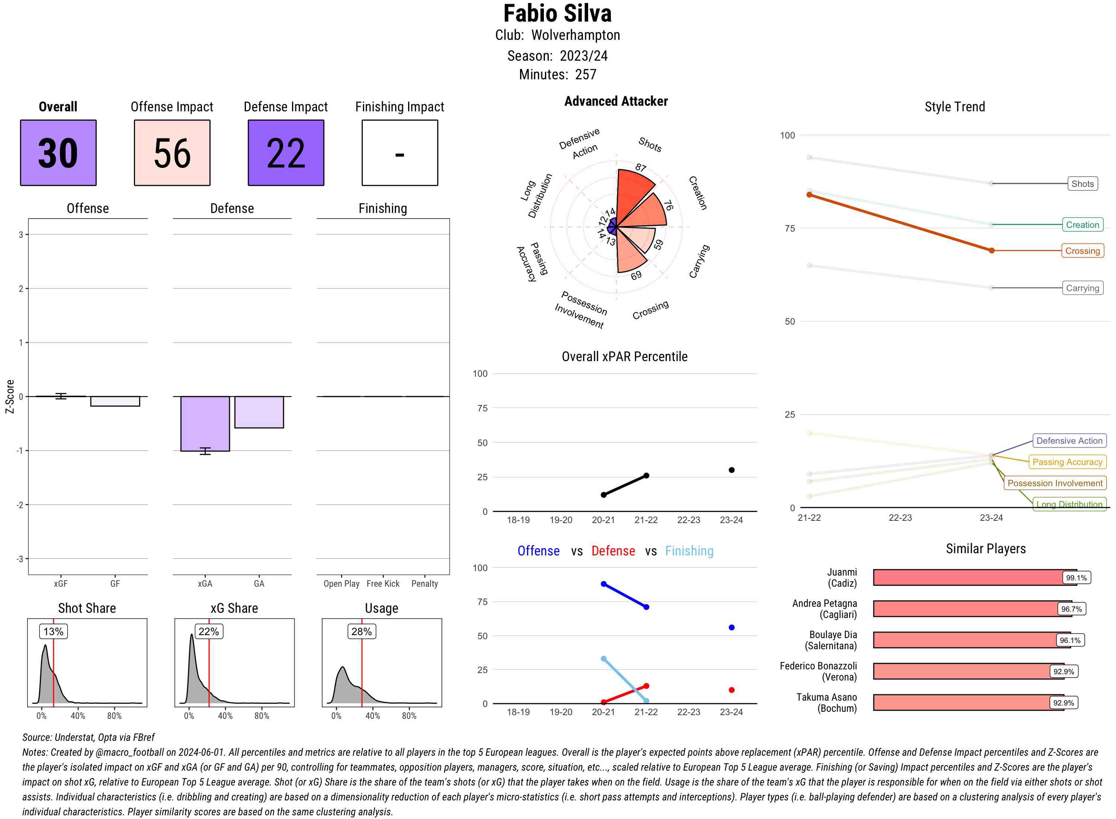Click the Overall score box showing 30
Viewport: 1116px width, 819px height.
[x=58, y=153]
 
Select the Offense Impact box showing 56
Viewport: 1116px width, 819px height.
[x=172, y=153]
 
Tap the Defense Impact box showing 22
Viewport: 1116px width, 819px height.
[x=286, y=153]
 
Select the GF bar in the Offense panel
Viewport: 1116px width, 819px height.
[x=115, y=401]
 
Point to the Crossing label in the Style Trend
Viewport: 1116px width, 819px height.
[x=1082, y=251]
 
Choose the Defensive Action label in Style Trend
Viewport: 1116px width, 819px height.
[x=1069, y=441]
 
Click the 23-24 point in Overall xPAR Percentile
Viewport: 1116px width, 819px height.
[x=732, y=470]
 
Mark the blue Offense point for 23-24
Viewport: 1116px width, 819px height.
[x=732, y=628]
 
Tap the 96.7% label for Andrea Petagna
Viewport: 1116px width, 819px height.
[x=1071, y=609]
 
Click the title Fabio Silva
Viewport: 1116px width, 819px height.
[x=557, y=13]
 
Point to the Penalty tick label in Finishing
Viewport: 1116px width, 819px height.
[x=424, y=583]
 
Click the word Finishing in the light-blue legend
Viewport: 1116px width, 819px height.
[x=689, y=551]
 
